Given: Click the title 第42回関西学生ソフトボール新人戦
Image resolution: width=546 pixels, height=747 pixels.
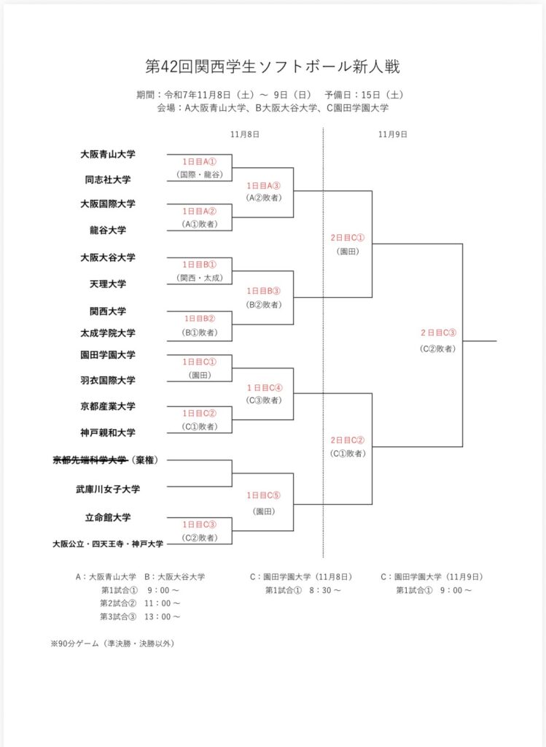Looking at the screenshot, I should click(x=273, y=67).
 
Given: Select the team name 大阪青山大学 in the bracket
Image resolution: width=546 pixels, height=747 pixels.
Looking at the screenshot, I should click(x=108, y=155).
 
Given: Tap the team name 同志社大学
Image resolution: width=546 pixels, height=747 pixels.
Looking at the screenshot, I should click(x=108, y=179).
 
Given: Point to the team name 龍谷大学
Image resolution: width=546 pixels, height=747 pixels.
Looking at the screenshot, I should click(x=108, y=230).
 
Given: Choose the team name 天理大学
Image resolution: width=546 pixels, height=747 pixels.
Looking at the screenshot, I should click(x=108, y=284).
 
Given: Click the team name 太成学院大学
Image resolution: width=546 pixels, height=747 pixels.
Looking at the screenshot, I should click(x=108, y=333).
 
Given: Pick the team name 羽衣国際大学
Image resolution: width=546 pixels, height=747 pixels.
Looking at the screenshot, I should click(x=108, y=380).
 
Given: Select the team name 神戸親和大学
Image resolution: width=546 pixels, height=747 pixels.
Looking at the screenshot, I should click(x=108, y=432).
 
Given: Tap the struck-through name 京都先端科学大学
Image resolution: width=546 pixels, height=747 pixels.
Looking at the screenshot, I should click(x=90, y=460).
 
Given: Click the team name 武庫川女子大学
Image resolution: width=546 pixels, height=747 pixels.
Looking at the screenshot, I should click(x=108, y=489).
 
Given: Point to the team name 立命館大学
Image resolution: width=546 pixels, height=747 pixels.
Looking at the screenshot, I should click(x=108, y=517).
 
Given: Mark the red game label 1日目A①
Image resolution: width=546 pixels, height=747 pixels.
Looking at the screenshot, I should click(x=199, y=161).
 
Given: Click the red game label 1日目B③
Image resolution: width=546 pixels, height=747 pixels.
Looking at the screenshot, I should click(x=263, y=291).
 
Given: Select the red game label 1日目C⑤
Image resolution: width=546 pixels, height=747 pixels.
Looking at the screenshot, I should click(x=263, y=495).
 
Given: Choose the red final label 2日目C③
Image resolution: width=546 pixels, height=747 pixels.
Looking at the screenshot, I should click(x=437, y=333).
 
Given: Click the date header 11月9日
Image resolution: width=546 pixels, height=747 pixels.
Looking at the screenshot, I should click(x=393, y=134).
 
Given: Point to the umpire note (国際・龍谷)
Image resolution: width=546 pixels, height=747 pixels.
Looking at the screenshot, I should click(x=199, y=175).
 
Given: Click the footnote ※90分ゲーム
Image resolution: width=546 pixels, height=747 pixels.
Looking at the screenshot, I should click(x=112, y=643).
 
